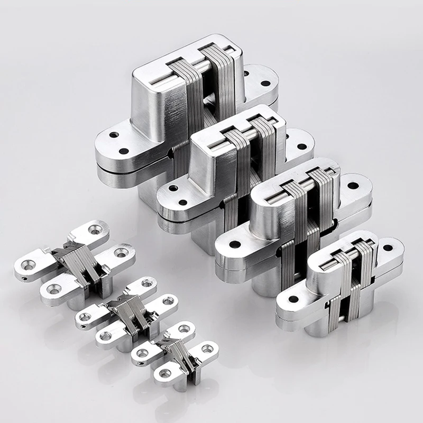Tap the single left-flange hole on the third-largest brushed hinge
pos(233,244)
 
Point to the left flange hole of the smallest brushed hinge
pos(293,299)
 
